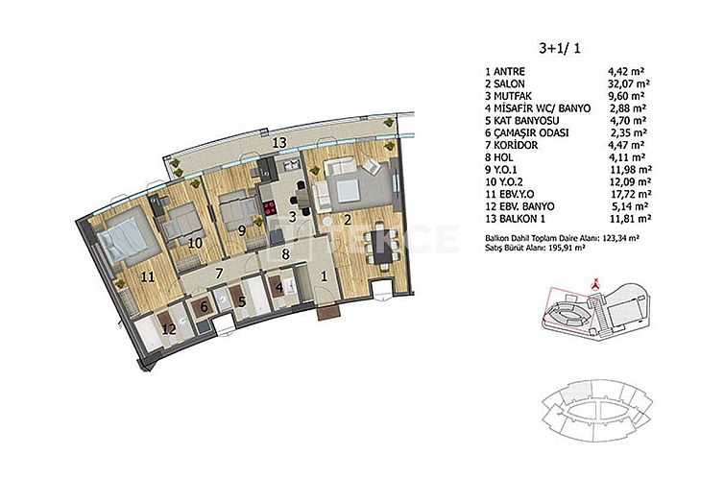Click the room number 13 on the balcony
click(x=279, y=142)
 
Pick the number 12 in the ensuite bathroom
click(x=168, y=329)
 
